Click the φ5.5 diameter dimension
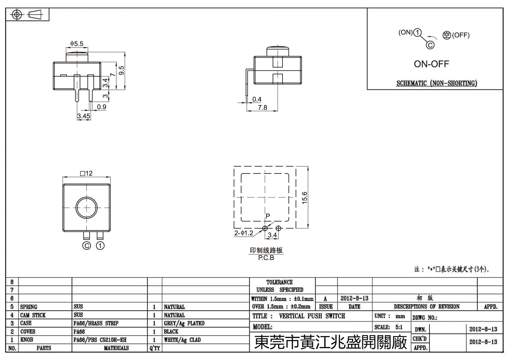(77, 43)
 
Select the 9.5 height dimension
(121, 71)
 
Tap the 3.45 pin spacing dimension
(83, 116)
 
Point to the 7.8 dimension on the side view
(262, 108)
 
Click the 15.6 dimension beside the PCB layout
(304, 198)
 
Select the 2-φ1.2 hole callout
(244, 233)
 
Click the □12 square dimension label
(86, 173)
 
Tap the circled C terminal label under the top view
(87, 246)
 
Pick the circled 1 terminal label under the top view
(100, 246)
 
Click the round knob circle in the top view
(87, 208)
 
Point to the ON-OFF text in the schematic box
(431, 64)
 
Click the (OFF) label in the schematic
(461, 35)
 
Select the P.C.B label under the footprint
(266, 258)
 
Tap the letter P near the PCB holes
(268, 216)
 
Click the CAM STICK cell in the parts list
(33, 315)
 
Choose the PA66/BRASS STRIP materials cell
(96, 323)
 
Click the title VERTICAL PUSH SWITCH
(312, 316)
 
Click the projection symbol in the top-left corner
(27, 15)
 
